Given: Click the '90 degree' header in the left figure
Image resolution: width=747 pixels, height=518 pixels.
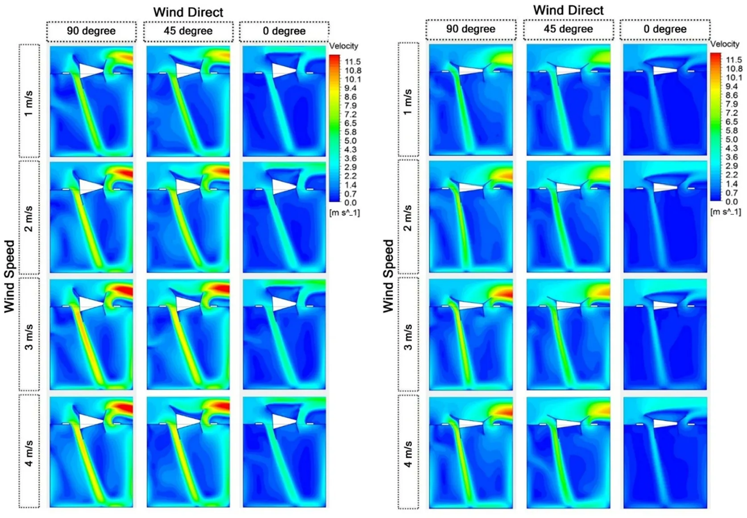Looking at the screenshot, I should point(91,31).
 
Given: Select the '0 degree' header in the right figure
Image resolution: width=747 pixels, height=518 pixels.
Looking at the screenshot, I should point(664,29).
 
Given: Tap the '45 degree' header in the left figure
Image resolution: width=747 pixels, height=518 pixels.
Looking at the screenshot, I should point(188,31).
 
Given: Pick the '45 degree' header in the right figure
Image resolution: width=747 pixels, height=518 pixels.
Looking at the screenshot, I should point(568,29).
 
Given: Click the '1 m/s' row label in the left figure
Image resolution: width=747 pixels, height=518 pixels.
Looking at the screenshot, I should point(29,103).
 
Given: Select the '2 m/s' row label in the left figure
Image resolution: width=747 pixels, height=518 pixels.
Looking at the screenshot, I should point(29,219).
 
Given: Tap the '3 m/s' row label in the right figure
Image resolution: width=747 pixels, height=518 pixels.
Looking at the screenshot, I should point(408,337).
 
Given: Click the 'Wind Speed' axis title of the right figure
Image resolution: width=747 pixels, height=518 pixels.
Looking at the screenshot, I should point(389,276).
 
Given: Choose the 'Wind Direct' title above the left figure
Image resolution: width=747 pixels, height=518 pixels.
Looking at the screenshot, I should point(188,12).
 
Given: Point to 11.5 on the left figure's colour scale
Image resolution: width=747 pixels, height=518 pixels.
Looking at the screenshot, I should point(353,62).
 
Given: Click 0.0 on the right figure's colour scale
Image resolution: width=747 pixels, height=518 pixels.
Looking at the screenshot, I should point(731,202).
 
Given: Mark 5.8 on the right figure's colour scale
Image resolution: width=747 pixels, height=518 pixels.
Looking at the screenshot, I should point(731,130).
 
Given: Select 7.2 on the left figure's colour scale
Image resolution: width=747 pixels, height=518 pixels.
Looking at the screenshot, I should point(350,114).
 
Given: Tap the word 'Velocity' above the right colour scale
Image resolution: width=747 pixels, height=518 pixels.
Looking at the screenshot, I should point(725,44).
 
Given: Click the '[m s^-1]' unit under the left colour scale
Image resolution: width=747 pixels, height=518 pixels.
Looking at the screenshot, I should point(344,213).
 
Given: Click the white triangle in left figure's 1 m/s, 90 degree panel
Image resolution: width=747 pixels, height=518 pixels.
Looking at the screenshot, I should point(89,71).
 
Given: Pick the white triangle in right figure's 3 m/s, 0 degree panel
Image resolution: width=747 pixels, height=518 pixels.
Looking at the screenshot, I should point(663,305).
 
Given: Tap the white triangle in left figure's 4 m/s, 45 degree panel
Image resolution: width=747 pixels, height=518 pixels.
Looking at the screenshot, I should point(186,421).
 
